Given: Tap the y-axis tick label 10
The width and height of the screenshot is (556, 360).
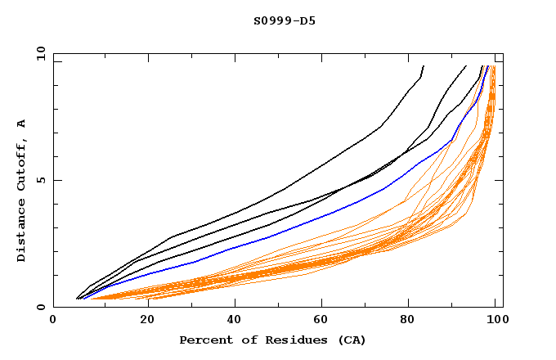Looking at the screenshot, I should pyautogui.click(x=40, y=54).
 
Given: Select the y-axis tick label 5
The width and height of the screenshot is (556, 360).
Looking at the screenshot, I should pyautogui.click(x=43, y=180).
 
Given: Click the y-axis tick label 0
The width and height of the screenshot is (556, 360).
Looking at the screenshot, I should pyautogui.click(x=43, y=308).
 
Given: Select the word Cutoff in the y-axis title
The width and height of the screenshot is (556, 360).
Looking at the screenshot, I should pyautogui.click(x=22, y=164).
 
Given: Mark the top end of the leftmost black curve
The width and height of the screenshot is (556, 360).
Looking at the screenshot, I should pyautogui.click(x=424, y=65).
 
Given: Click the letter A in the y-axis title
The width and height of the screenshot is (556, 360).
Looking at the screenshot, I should pyautogui.click(x=22, y=123).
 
